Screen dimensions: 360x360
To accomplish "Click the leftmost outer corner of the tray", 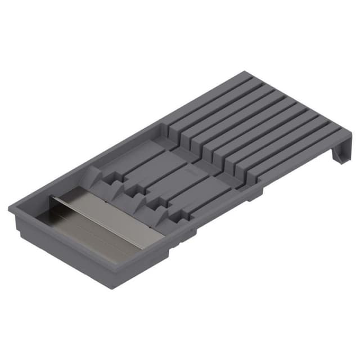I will point(10,209).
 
